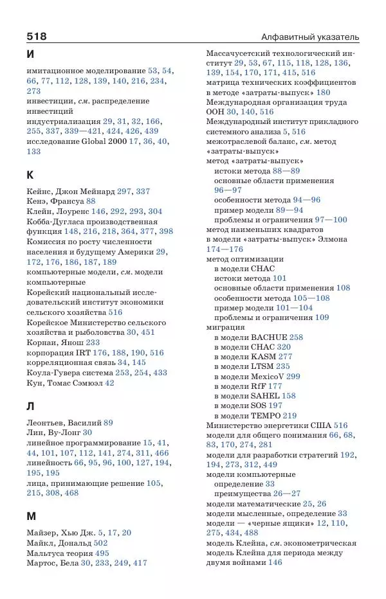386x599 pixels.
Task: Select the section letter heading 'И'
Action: [x=31, y=55]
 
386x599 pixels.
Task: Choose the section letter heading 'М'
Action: [x=31, y=516]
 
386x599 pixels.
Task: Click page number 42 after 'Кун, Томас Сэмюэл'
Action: [x=109, y=382]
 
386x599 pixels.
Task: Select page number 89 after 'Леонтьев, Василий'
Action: [x=107, y=422]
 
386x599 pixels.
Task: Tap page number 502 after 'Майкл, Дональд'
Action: [x=101, y=543]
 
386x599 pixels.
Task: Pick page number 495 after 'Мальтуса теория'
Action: [x=102, y=553]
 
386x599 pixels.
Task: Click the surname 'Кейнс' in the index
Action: [x=41, y=192]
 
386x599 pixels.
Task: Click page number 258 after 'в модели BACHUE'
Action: [x=296, y=337]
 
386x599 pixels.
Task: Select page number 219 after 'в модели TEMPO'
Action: [x=289, y=415]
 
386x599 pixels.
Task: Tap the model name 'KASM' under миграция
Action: [x=263, y=356]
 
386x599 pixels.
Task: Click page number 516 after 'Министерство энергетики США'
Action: [x=340, y=425]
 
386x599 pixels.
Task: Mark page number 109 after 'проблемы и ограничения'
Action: [x=322, y=317]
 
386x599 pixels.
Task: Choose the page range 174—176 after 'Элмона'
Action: [x=225, y=249]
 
